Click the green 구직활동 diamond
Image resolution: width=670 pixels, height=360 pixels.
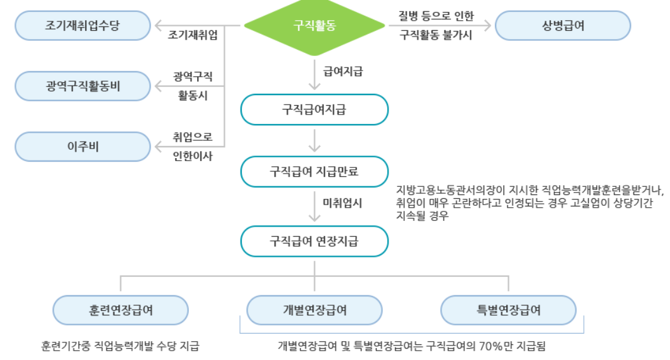[x=314, y=25]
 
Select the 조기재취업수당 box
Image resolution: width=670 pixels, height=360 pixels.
[x=82, y=26]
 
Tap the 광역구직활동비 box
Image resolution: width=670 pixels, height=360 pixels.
[x=82, y=86]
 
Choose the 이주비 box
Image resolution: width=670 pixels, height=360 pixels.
[x=82, y=147]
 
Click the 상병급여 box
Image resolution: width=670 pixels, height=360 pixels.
[x=562, y=26]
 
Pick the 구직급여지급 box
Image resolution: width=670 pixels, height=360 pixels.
[x=314, y=110]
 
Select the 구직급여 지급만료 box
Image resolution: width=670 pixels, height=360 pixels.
[x=314, y=171]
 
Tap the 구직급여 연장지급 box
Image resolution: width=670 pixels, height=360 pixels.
[x=314, y=241]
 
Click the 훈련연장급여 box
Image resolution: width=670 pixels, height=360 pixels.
[x=121, y=310]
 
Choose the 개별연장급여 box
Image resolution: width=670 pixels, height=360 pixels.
[x=314, y=310]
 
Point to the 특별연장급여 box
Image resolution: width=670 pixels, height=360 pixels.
[x=508, y=310]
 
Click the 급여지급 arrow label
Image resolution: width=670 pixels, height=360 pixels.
[x=343, y=72]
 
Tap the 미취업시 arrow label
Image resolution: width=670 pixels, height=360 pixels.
[x=343, y=204]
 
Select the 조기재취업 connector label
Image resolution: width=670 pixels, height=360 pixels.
[x=193, y=36]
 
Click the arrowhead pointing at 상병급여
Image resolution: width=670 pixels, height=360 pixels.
[x=487, y=26]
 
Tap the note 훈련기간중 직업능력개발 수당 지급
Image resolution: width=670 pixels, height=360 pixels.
[x=120, y=346]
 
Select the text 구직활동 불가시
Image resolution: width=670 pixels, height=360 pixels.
[x=436, y=36]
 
